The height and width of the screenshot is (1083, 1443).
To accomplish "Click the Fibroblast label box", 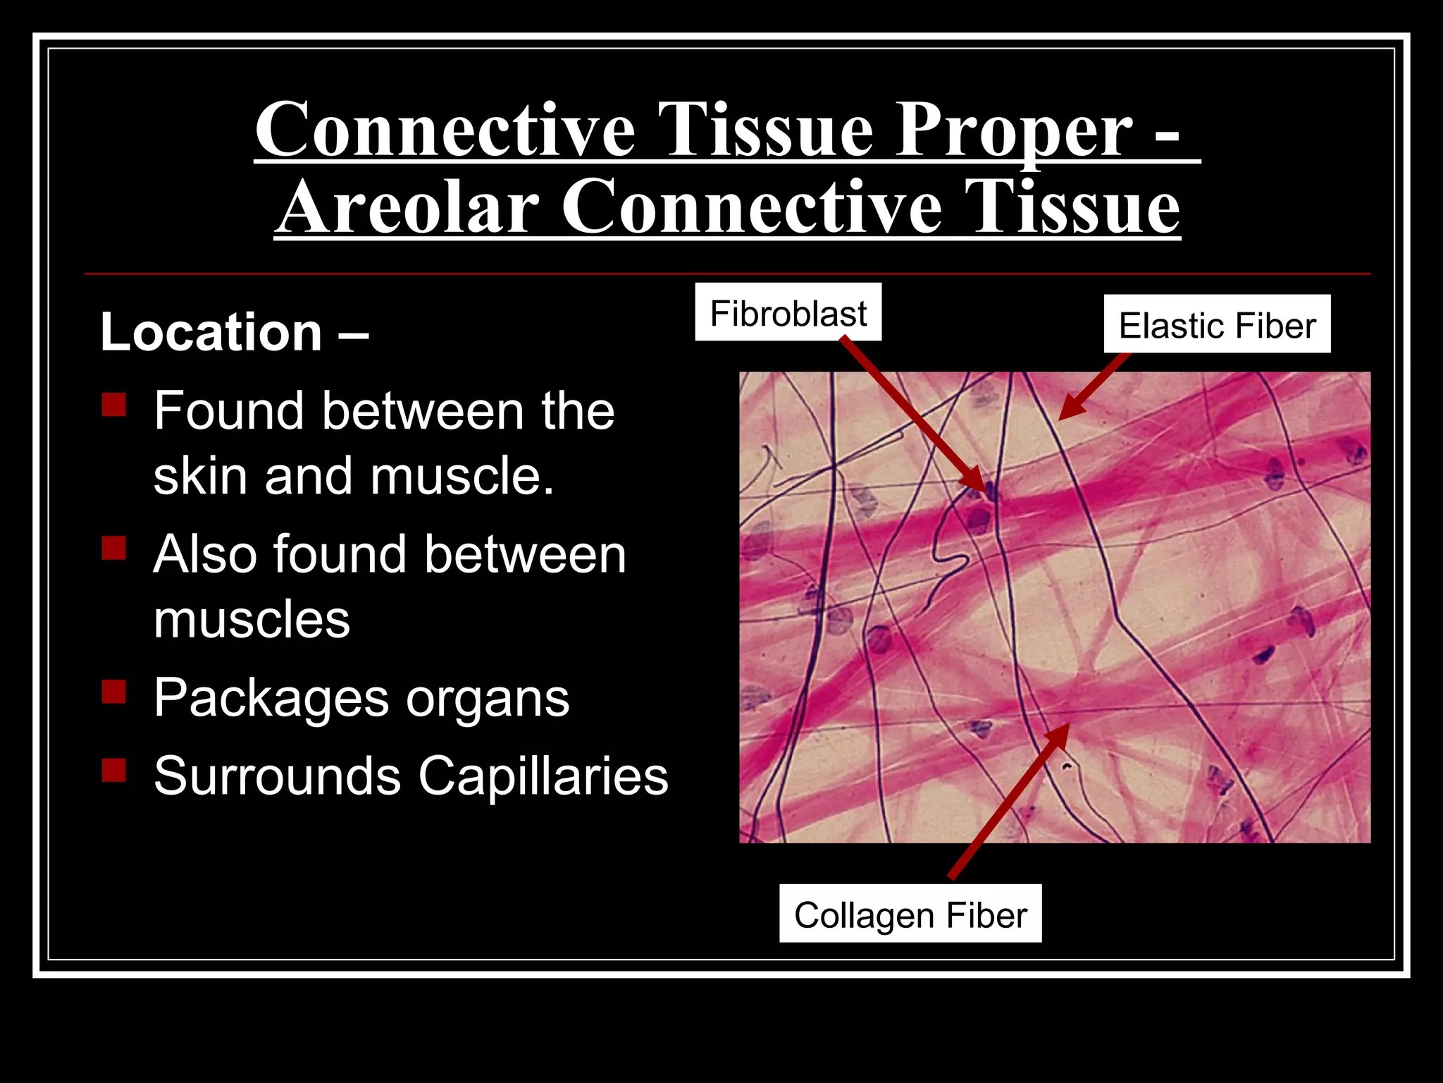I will (x=788, y=312).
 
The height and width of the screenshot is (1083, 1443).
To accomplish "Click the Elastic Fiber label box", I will (x=1217, y=324).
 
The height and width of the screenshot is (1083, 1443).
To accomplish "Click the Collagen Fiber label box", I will (x=910, y=914).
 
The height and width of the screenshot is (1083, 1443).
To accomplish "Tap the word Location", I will (x=211, y=331).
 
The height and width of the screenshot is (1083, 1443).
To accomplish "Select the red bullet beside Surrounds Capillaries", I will (x=113, y=770).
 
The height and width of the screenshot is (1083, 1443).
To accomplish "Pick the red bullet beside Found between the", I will (x=113, y=405).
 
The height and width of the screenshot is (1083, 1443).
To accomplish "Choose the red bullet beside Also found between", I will (x=113, y=548).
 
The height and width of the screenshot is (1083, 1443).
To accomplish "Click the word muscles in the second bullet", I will (x=252, y=620).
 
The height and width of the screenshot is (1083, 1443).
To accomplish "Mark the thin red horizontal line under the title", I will (x=727, y=274).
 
